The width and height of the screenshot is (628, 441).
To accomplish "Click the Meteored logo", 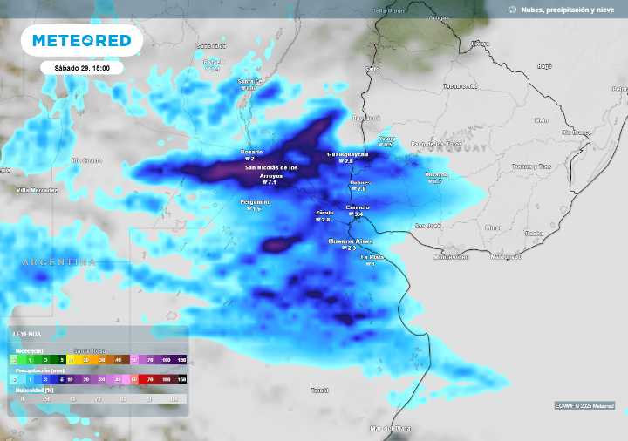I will [81, 40].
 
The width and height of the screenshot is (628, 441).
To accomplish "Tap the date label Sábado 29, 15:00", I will [81, 67].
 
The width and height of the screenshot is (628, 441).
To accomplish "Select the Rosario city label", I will [251, 152].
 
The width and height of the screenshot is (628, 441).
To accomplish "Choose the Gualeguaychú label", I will [347, 154].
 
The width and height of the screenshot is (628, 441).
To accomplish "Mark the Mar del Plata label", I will [390, 428].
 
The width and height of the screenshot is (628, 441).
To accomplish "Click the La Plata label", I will [372, 257].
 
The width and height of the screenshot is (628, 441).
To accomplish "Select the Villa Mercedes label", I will [37, 189].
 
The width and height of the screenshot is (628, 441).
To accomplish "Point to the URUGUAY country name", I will [463, 148].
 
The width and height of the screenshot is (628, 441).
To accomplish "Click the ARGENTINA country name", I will [58, 261].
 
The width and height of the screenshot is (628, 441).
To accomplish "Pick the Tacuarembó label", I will [460, 86].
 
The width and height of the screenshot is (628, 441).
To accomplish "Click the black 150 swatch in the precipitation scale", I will [181, 380].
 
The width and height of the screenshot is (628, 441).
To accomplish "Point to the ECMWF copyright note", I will [584, 406].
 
